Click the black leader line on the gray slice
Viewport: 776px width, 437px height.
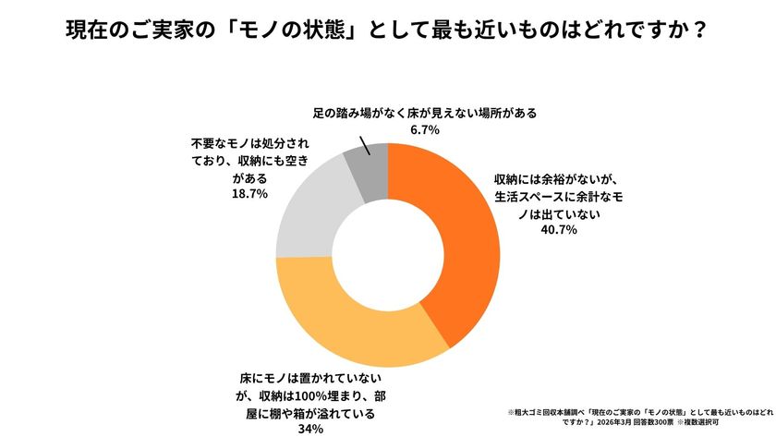coord(364,147)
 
